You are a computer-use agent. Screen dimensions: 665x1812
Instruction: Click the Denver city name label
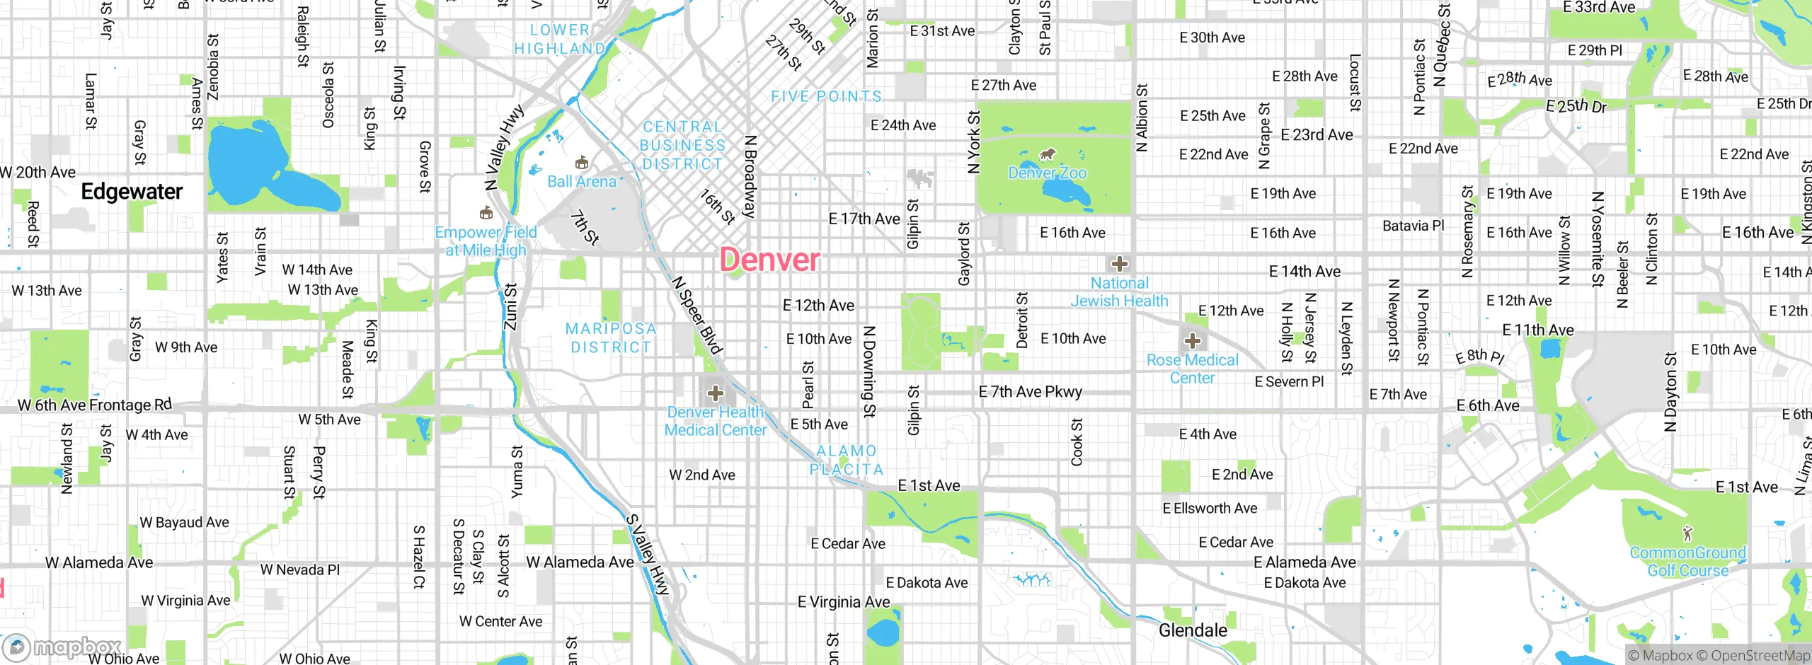click(x=769, y=260)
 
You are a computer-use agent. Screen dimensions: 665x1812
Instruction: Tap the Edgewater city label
click(x=132, y=192)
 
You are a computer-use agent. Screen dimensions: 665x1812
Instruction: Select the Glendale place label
click(x=1193, y=630)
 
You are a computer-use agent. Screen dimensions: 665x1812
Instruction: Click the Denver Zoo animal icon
click(x=1048, y=154)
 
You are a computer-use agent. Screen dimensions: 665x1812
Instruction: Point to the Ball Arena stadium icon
click(x=582, y=163)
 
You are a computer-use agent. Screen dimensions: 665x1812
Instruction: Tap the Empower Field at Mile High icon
click(x=486, y=213)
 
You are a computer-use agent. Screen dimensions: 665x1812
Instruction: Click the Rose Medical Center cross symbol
click(x=1193, y=341)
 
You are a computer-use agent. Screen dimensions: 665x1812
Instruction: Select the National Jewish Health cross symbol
click(x=1119, y=265)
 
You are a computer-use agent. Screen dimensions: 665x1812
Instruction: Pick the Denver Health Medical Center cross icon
click(x=716, y=393)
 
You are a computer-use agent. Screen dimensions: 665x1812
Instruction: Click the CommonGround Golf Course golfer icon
click(x=1687, y=533)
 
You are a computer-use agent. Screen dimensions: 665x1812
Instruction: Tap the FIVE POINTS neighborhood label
click(x=826, y=96)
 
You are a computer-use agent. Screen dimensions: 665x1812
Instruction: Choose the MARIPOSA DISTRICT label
click(x=611, y=338)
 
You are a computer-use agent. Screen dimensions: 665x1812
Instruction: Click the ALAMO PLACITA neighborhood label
click(x=847, y=460)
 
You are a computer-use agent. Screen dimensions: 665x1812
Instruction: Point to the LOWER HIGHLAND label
click(x=559, y=39)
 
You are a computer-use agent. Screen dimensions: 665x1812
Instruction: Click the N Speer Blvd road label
click(x=697, y=316)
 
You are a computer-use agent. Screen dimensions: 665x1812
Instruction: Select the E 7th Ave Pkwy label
click(x=1030, y=392)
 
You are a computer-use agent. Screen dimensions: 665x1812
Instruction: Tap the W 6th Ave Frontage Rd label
click(x=95, y=405)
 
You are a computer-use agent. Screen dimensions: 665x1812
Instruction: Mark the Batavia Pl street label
click(x=1413, y=226)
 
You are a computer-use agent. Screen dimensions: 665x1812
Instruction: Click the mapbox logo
click(x=62, y=647)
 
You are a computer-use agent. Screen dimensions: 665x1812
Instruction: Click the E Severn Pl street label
click(x=1289, y=382)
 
